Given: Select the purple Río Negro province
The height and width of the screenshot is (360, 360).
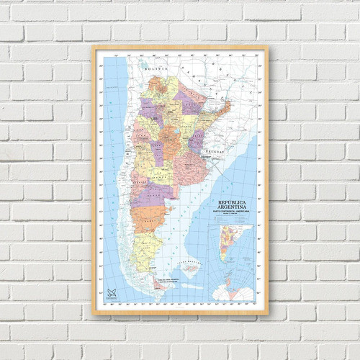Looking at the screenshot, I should click(155, 193).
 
